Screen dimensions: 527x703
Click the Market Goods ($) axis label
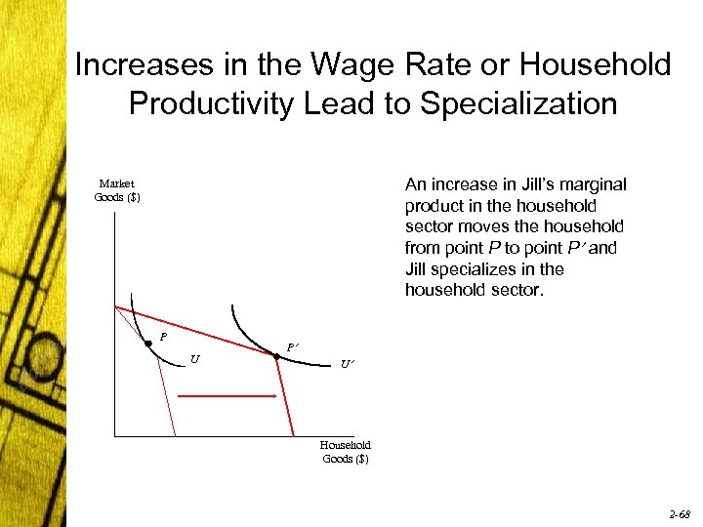coord(117,190)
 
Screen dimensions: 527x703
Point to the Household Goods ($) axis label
coord(346,452)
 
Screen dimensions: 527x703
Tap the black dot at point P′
coord(276,357)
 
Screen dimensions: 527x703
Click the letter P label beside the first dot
coord(163,338)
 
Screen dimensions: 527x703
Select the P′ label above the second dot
coord(292,346)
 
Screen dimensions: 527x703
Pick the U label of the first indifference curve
coord(196,359)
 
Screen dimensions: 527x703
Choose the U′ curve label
coord(347,365)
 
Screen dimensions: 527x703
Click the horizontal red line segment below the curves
coord(227,396)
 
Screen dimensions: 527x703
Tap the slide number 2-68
coord(680,511)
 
